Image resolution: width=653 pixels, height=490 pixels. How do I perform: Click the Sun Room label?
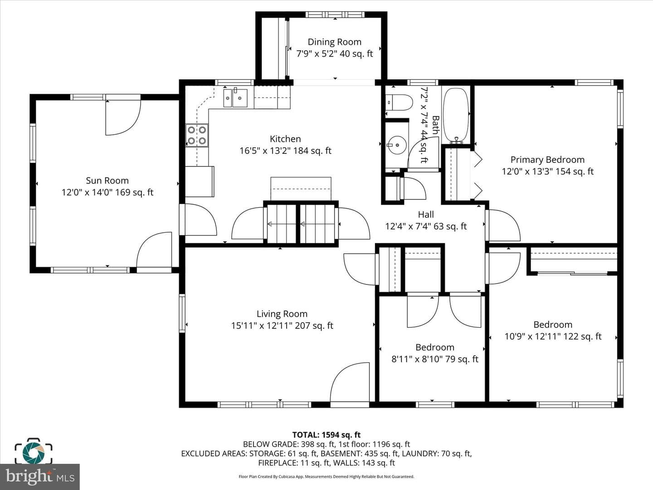pyautogui.click(x=107, y=181)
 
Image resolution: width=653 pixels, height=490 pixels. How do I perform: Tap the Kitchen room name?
pyautogui.click(x=285, y=139)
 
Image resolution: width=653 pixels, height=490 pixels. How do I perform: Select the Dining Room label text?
pyautogui.click(x=334, y=42)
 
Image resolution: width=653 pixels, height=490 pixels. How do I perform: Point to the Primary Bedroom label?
pyautogui.click(x=547, y=160)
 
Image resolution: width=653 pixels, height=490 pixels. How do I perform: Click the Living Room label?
pyautogui.click(x=282, y=314)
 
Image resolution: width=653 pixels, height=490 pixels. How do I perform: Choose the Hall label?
pyautogui.click(x=426, y=215)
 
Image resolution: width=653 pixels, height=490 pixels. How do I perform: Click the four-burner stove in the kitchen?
pyautogui.click(x=197, y=135)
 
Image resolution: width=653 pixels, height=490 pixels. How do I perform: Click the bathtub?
pyautogui.click(x=456, y=115)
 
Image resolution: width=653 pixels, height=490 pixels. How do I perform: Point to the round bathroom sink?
pyautogui.click(x=397, y=145)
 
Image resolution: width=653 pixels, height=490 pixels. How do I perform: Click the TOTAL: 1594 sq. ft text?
pyautogui.click(x=326, y=435)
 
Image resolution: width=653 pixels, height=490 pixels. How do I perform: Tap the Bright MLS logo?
pyautogui.click(x=40, y=476)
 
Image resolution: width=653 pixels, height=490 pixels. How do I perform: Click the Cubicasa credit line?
pyautogui.click(x=326, y=476)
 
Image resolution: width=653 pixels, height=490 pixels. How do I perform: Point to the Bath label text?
pyautogui.click(x=435, y=125)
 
